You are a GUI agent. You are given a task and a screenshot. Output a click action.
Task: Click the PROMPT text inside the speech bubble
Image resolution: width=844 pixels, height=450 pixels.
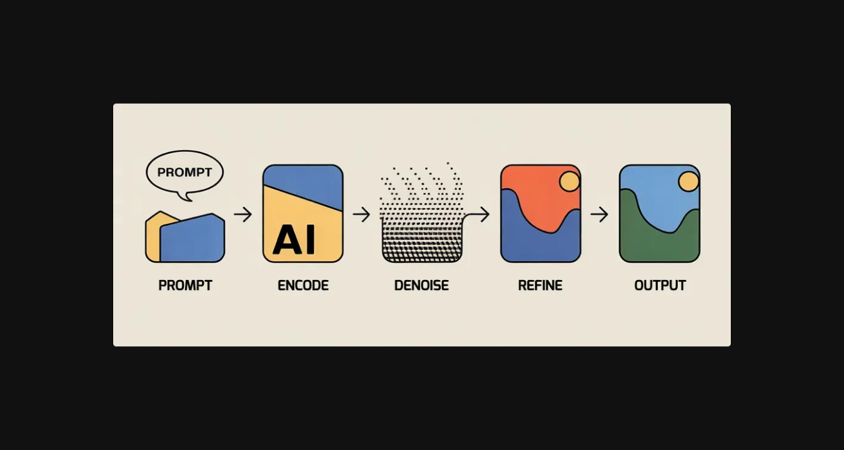pyautogui.click(x=184, y=172)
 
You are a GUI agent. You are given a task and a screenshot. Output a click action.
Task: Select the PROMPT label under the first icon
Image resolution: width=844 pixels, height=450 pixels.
pyautogui.click(x=185, y=286)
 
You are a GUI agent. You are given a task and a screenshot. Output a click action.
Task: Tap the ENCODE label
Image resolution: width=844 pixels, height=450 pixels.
pyautogui.click(x=303, y=286)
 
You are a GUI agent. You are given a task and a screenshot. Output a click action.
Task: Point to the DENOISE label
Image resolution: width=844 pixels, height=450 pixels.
pyautogui.click(x=421, y=286)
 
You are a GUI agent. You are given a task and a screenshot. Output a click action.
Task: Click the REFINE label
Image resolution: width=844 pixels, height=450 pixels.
pyautogui.click(x=540, y=286)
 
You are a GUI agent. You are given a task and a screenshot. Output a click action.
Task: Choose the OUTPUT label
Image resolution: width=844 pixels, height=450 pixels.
pyautogui.click(x=660, y=286)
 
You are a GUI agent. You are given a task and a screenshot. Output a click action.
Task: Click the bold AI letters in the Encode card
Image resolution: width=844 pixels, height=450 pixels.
pyautogui.click(x=294, y=239)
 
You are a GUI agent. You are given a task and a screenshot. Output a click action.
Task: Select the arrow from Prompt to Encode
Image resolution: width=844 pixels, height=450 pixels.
pyautogui.click(x=243, y=214)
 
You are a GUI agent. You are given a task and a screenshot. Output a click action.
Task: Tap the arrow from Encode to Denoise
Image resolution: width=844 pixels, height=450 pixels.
pyautogui.click(x=361, y=214)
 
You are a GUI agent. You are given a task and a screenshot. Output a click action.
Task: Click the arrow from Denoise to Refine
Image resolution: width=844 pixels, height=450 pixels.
pyautogui.click(x=478, y=214)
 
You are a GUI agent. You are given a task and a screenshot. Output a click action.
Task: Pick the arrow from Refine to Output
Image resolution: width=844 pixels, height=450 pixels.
pyautogui.click(x=599, y=214)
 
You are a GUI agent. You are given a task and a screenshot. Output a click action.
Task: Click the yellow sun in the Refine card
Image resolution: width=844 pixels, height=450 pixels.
pyautogui.click(x=570, y=181)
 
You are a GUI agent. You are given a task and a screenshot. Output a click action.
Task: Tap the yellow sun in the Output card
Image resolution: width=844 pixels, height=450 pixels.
pyautogui.click(x=688, y=181)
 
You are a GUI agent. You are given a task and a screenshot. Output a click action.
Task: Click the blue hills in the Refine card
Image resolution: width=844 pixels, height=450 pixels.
pyautogui.click(x=531, y=241)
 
